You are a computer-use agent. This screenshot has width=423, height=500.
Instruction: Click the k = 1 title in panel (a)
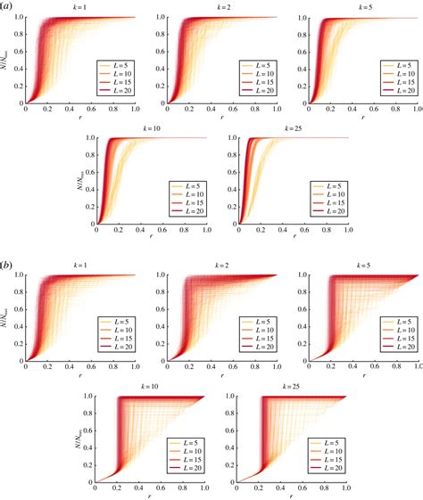pos(79,7)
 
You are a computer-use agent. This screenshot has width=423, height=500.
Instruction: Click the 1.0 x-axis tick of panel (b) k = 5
pos(416,365)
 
